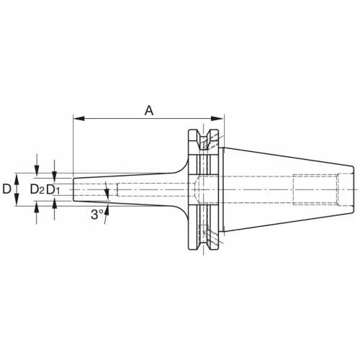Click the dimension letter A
149,110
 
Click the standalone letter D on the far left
6,189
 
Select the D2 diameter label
37,189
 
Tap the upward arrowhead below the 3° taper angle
107,210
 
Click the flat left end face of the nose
73,189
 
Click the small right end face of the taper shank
352,189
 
